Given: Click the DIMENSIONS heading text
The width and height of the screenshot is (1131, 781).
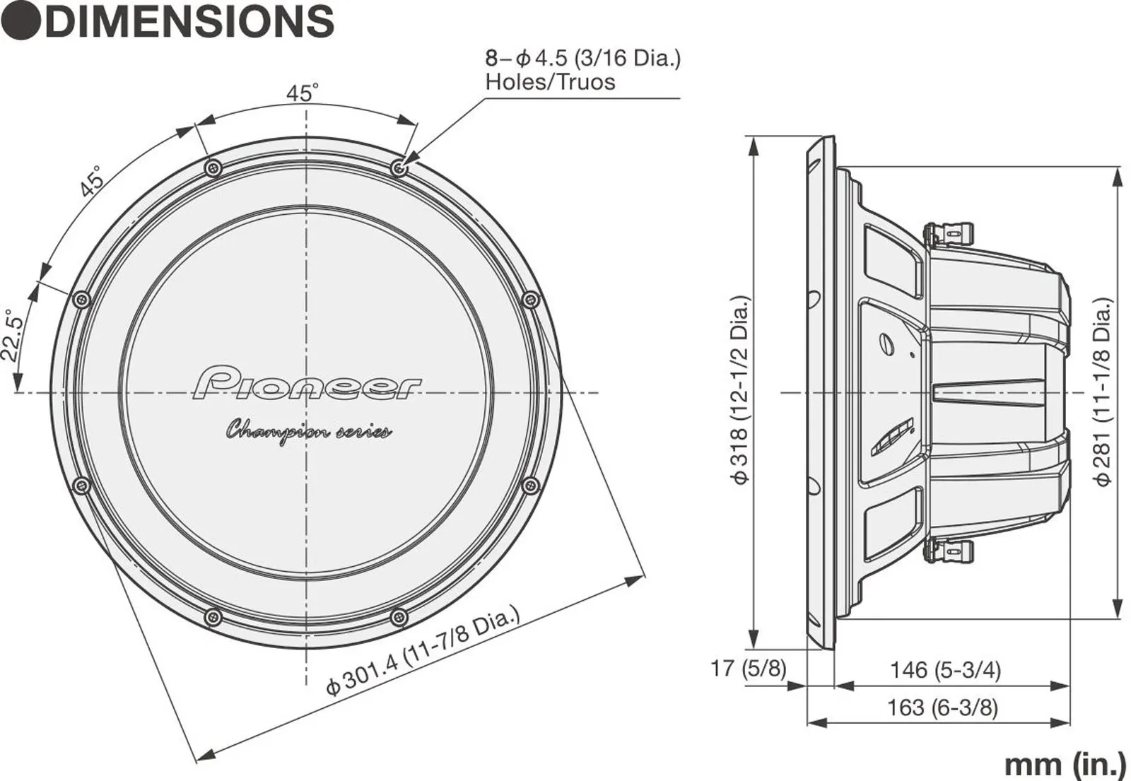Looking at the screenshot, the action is [189, 21].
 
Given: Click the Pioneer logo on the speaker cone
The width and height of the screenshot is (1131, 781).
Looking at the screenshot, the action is [307, 384].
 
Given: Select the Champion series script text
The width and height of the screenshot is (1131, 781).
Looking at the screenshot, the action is [309, 433].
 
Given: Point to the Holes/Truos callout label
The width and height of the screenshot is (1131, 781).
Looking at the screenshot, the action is [551, 82].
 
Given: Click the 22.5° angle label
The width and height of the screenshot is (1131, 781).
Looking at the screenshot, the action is [12, 336].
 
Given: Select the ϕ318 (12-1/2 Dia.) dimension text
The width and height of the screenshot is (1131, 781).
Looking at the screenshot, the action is [740, 390].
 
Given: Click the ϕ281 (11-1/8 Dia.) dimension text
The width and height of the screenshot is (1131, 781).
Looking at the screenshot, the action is [1103, 392].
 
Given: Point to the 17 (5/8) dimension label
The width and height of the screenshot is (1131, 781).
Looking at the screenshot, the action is [749, 668].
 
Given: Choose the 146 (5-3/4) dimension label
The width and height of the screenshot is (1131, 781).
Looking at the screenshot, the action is [944, 670].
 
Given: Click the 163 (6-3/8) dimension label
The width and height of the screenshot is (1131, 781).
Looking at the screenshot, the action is [943, 707].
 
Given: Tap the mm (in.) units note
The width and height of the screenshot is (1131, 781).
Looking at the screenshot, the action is [1065, 764].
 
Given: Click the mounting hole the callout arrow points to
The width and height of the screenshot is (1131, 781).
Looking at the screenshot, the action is [399, 167].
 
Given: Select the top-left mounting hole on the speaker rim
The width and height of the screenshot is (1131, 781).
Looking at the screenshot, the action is [213, 168].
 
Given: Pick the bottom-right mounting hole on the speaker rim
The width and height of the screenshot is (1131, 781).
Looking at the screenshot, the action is [399, 616].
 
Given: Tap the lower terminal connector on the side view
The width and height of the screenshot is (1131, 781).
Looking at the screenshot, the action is [948, 551].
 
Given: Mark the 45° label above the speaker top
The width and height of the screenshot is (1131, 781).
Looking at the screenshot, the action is [303, 93].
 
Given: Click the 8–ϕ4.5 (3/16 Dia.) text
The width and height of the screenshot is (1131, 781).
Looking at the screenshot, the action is [583, 59].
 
